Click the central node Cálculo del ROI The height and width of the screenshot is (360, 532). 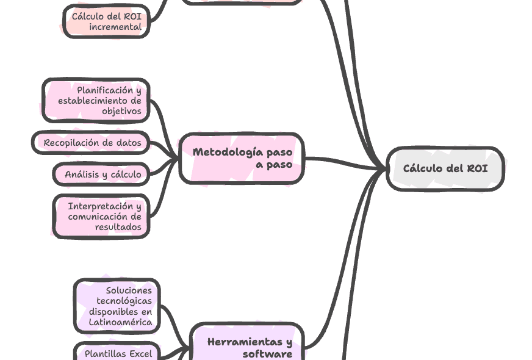(x=445, y=168)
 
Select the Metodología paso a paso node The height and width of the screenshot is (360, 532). (x=242, y=158)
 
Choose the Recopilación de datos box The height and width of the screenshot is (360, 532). (x=92, y=143)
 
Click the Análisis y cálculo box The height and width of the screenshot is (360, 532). (x=102, y=175)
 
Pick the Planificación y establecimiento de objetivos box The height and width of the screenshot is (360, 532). (x=96, y=101)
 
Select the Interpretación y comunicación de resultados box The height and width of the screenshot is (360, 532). (x=101, y=216)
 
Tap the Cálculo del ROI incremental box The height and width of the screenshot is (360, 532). (x=107, y=22)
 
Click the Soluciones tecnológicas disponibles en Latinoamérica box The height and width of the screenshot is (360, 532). (x=117, y=306)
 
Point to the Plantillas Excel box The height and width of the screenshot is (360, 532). (x=117, y=353)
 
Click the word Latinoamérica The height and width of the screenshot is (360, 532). (x=120, y=322)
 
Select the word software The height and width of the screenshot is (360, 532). (x=267, y=353)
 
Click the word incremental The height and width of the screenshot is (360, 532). (x=115, y=27)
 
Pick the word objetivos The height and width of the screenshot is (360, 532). (x=121, y=111)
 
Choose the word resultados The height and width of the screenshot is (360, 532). (x=118, y=226)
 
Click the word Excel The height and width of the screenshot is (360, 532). (x=140, y=353)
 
